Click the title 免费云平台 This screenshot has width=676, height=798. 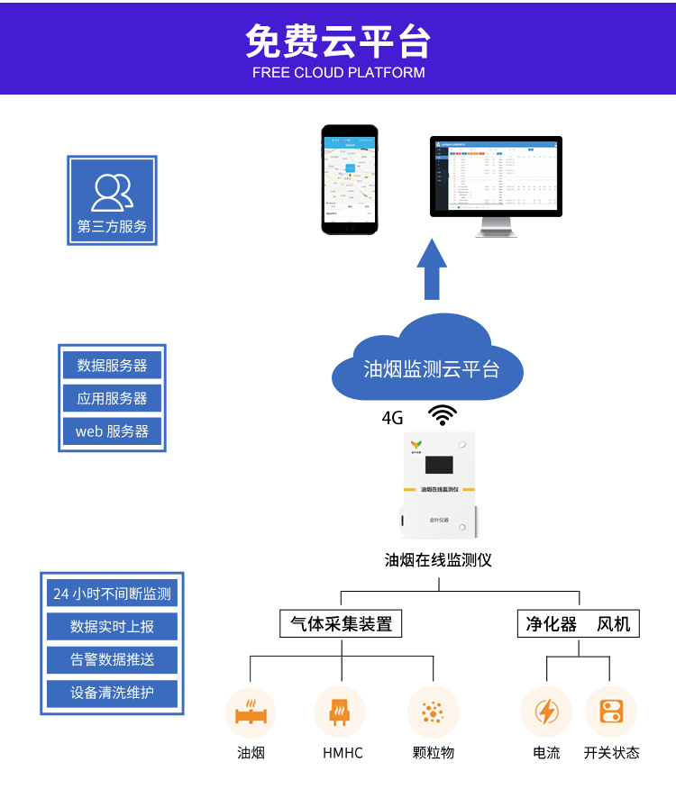tap(338, 41)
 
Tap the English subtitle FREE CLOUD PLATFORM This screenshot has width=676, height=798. tap(338, 73)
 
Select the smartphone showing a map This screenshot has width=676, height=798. tap(350, 179)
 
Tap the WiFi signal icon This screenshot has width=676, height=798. tap(442, 414)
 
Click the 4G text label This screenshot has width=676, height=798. tap(392, 418)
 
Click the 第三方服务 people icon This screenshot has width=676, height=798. tap(112, 192)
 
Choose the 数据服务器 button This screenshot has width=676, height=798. tap(112, 366)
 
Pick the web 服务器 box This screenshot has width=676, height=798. tap(112, 431)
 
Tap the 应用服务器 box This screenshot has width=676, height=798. tap(112, 398)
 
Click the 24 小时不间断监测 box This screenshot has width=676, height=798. tap(112, 594)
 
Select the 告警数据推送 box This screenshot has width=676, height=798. tap(112, 659)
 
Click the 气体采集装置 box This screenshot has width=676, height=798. tap(341, 623)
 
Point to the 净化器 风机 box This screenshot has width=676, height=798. tap(578, 623)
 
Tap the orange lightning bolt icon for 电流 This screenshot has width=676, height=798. tap(546, 712)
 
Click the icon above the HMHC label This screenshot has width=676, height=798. tap(341, 712)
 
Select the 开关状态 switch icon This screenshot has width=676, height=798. tap(611, 712)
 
